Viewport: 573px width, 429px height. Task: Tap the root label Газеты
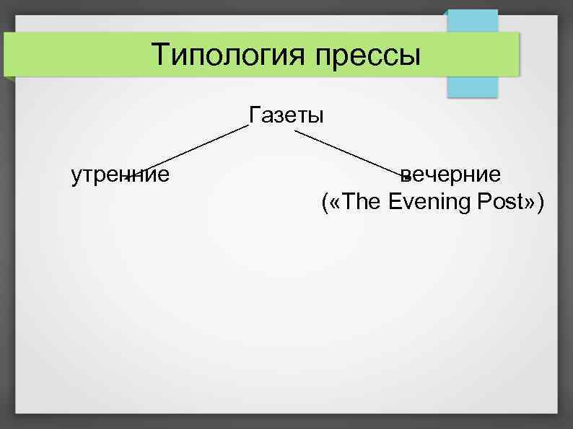tap(286, 115)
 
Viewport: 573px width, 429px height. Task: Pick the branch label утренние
tap(121, 174)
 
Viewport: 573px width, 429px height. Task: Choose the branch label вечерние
tap(451, 174)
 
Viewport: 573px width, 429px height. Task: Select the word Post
tap(499, 203)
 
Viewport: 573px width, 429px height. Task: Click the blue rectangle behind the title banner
tap(473, 87)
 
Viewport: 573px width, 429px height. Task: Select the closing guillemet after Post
tap(530, 203)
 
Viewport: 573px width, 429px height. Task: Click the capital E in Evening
tap(395, 203)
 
